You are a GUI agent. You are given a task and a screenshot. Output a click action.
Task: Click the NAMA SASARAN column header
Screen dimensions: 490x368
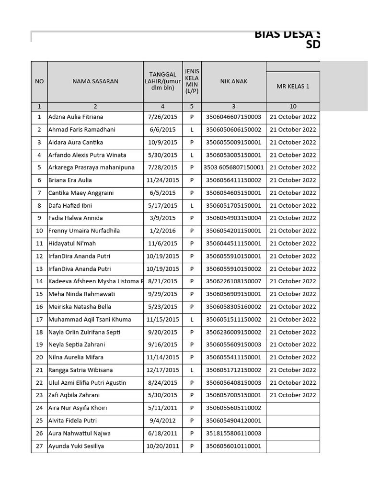[95, 81]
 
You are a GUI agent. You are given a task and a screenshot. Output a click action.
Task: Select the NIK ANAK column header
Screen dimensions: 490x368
[233, 81]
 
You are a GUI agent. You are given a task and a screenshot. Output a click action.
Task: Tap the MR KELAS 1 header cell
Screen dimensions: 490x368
[293, 87]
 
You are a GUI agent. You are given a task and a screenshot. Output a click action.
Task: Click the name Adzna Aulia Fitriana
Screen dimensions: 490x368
[76, 117]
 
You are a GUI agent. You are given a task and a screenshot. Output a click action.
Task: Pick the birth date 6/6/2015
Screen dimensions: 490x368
[162, 130]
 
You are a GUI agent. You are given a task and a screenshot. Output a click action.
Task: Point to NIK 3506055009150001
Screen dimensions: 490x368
[233, 142]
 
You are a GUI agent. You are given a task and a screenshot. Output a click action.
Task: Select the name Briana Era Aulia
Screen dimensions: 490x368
[70, 180]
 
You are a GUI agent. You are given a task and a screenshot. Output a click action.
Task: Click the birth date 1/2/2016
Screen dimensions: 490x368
[162, 231]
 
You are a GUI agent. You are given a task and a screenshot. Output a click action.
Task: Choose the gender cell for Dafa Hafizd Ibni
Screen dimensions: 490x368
[192, 206]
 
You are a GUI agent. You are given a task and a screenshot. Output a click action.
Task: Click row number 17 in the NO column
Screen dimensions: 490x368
[39, 320]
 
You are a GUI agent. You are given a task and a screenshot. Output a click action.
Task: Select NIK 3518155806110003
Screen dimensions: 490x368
[233, 434]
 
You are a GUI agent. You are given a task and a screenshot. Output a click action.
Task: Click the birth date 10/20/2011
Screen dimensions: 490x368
[162, 446]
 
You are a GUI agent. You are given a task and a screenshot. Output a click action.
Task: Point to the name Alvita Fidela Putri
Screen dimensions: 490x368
[72, 421]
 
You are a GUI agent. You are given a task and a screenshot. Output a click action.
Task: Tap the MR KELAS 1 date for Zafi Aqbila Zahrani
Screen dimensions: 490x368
[293, 395]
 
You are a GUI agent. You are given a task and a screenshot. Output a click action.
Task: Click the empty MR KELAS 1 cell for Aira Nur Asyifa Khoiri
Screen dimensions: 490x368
[293, 408]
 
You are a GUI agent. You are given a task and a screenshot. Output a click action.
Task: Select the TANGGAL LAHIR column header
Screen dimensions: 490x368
[162, 81]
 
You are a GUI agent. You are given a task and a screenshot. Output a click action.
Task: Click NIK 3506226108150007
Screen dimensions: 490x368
[233, 281]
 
